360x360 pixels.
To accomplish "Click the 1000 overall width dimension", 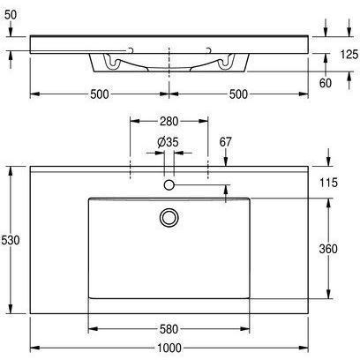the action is click(x=169, y=349).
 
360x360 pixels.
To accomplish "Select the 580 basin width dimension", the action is click(x=169, y=329).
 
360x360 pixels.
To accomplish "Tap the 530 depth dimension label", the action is click(x=11, y=240).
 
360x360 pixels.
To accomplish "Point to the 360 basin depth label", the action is click(x=328, y=249).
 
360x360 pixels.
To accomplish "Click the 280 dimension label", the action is click(x=169, y=121).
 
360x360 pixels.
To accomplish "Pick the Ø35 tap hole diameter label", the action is click(x=168, y=142).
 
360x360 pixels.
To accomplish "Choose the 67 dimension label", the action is click(x=226, y=142).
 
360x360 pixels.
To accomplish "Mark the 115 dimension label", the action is click(x=328, y=183).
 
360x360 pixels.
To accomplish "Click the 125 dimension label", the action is click(x=349, y=55).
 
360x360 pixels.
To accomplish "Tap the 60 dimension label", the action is click(x=326, y=83).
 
